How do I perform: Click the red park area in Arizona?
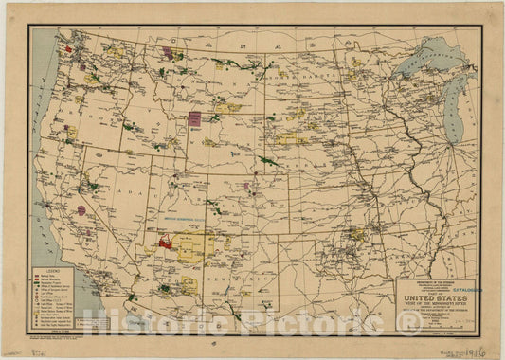pyautogui.click(x=165, y=243)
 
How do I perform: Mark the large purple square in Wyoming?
pyautogui.click(x=195, y=118)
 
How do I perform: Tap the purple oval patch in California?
pyautogui.click(x=81, y=210)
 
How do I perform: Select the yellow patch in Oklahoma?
pyautogui.click(x=356, y=233)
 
